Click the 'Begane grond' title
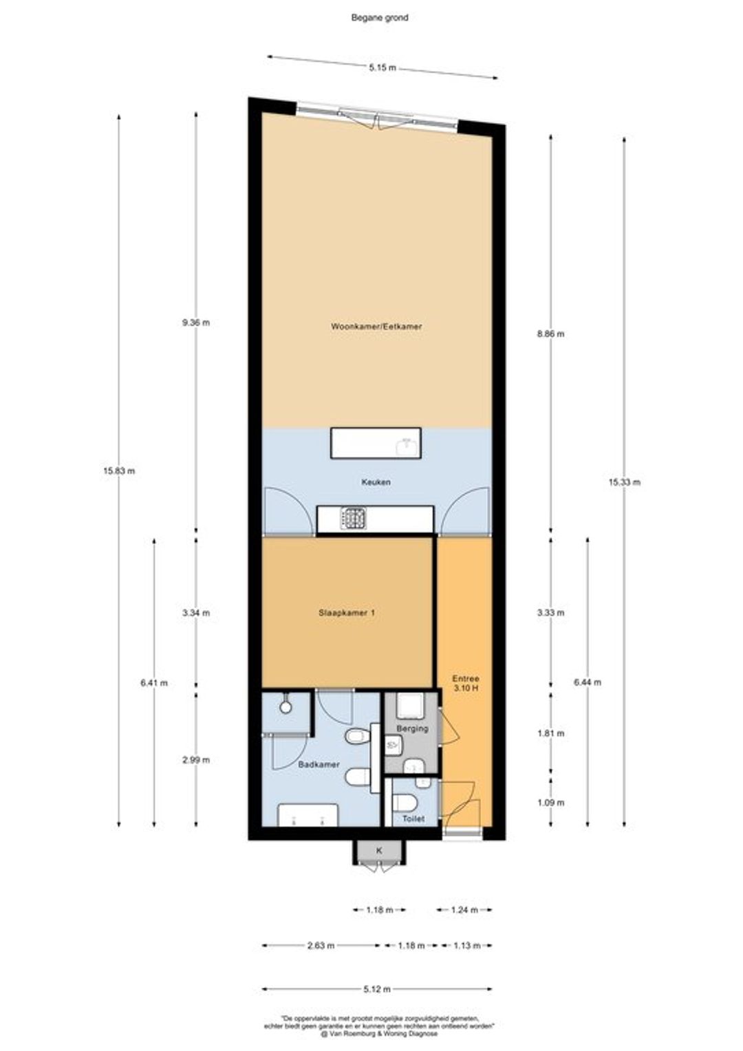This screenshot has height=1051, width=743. click(380, 18)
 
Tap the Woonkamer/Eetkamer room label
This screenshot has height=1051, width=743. click(376, 326)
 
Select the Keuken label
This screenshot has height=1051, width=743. click(376, 482)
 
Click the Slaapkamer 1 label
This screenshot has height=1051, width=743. click(346, 613)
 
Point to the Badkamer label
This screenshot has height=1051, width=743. click(319, 764)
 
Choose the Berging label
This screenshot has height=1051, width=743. click(412, 728)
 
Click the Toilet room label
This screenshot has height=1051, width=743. click(413, 819)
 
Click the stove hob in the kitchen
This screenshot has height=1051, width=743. click(354, 519)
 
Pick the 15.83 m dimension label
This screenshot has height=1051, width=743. click(119, 470)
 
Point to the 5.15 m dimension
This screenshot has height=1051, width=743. click(382, 67)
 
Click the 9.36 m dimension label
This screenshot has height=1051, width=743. click(196, 323)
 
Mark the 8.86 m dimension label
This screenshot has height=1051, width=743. click(550, 334)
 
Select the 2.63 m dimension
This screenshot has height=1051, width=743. click(321, 946)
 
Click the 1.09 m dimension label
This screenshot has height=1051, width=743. click(550, 802)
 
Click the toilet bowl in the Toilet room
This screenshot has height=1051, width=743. click(404, 801)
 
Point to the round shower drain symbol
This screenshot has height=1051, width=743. click(285, 706)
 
